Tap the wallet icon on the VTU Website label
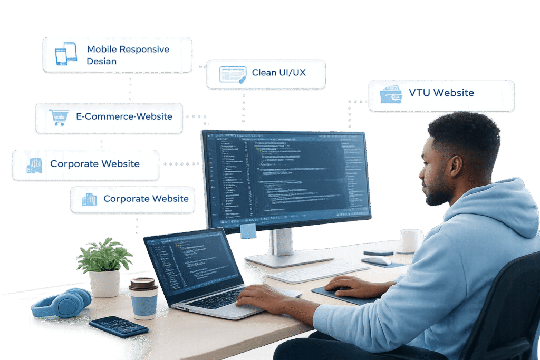point(390,94)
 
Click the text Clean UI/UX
point(278,73)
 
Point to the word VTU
point(419,93)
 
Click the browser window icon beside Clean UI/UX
point(233,74)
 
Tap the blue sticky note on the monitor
point(248,231)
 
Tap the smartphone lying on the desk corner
point(118,326)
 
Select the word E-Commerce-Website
point(124,116)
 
